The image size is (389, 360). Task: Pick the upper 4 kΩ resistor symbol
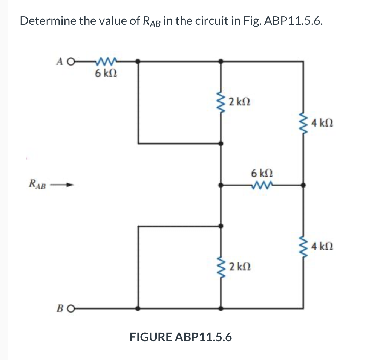coord(303,123)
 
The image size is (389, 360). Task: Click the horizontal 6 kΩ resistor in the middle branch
coord(262,185)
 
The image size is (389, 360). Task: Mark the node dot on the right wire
coord(303,185)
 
